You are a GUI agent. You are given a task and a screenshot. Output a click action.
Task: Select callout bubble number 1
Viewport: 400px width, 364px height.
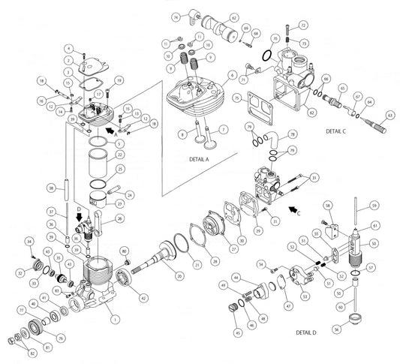click(x=114, y=320)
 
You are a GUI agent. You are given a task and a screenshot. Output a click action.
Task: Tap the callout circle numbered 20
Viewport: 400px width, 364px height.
click(x=179, y=276)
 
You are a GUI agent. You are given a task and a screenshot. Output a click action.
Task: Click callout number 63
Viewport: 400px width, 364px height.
click(x=389, y=115)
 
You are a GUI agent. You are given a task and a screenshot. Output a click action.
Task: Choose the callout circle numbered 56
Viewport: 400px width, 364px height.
click(x=336, y=328)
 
